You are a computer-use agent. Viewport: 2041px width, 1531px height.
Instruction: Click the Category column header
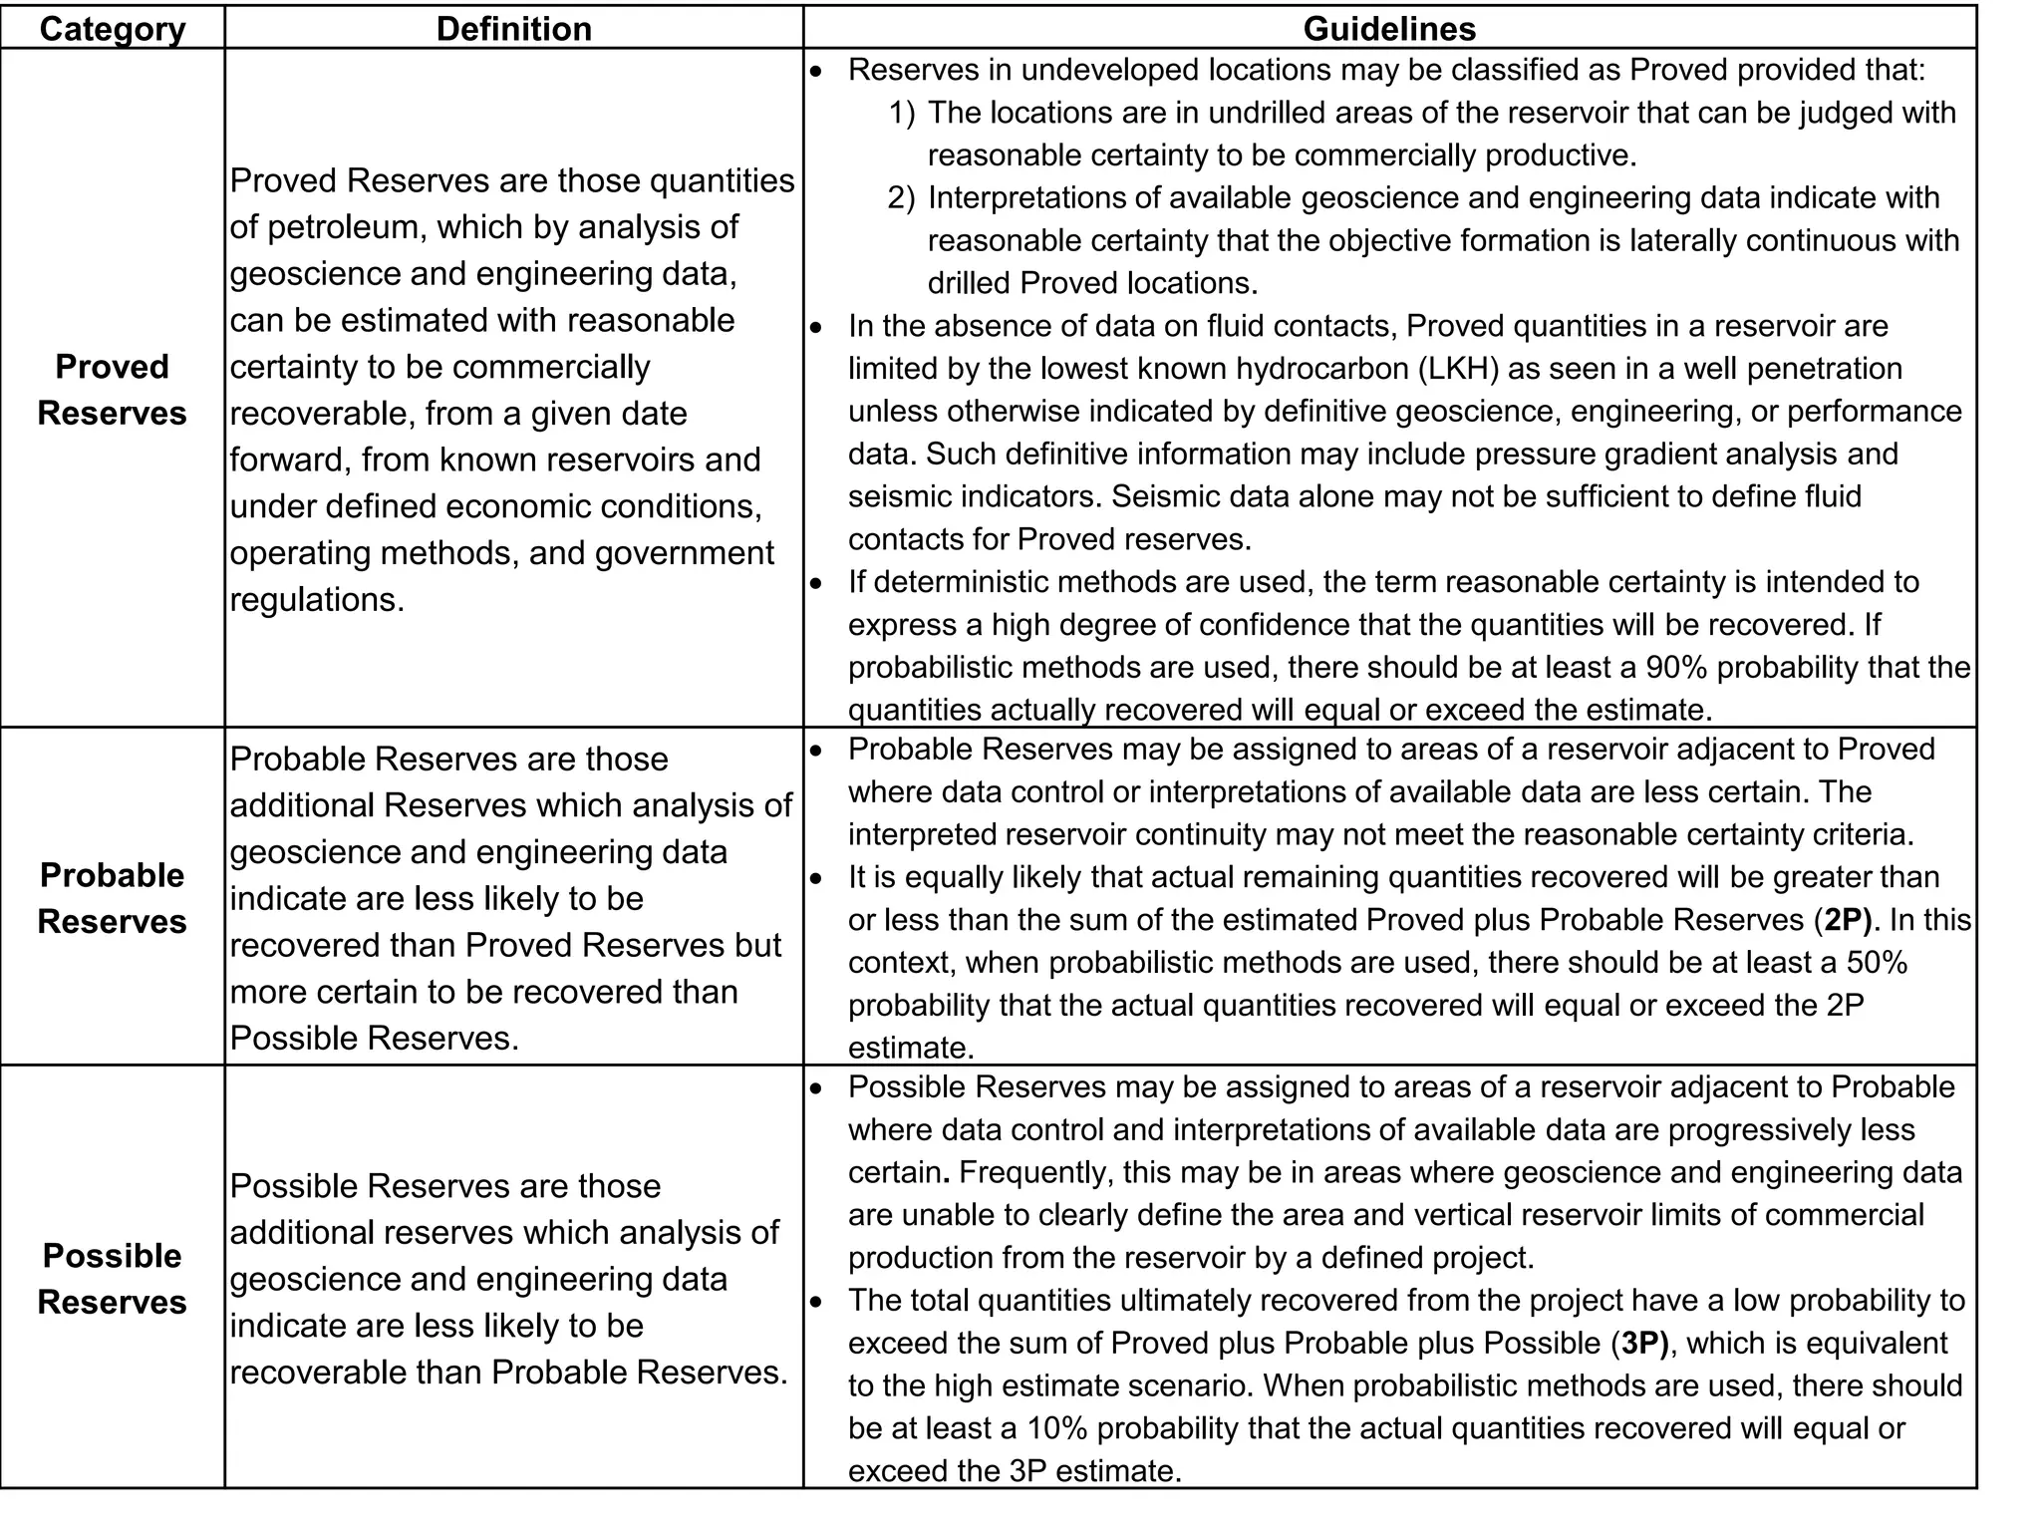coord(112,28)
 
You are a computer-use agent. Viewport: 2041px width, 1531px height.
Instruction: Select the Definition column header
coord(513,28)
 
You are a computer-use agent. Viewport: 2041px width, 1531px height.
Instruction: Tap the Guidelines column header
coord(1389,28)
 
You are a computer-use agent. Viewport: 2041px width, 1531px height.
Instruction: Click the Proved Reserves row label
coord(112,390)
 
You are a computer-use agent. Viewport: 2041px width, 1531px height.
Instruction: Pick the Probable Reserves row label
coord(112,898)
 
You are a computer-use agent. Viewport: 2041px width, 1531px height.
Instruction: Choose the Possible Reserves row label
coord(112,1279)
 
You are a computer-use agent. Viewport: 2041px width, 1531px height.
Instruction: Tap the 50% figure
coord(1877,963)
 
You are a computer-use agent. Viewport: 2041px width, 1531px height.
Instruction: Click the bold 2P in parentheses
coord(1847,920)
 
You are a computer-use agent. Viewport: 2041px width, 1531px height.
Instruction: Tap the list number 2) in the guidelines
coord(901,198)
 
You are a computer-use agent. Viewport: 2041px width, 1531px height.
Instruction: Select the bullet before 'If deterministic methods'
coord(817,582)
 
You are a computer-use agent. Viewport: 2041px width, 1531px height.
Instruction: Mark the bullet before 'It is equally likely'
coord(817,878)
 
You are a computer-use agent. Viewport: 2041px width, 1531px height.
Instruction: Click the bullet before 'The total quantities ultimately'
coord(817,1302)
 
